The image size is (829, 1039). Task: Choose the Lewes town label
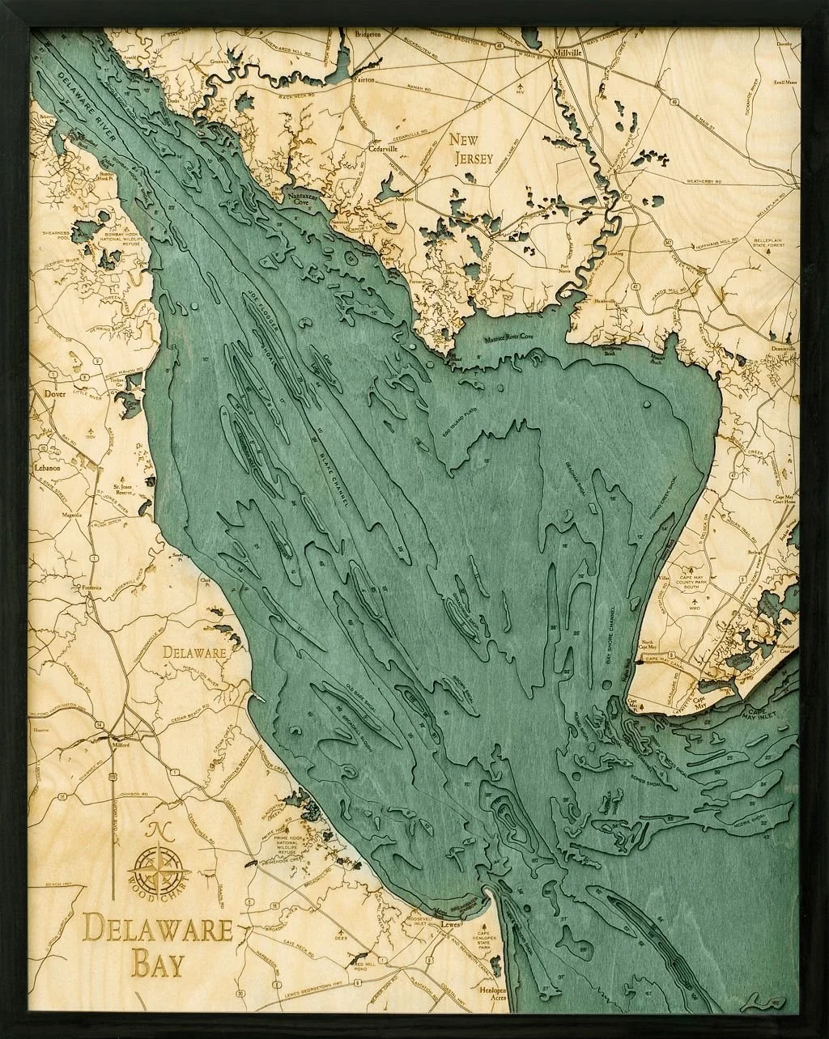(x=450, y=922)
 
